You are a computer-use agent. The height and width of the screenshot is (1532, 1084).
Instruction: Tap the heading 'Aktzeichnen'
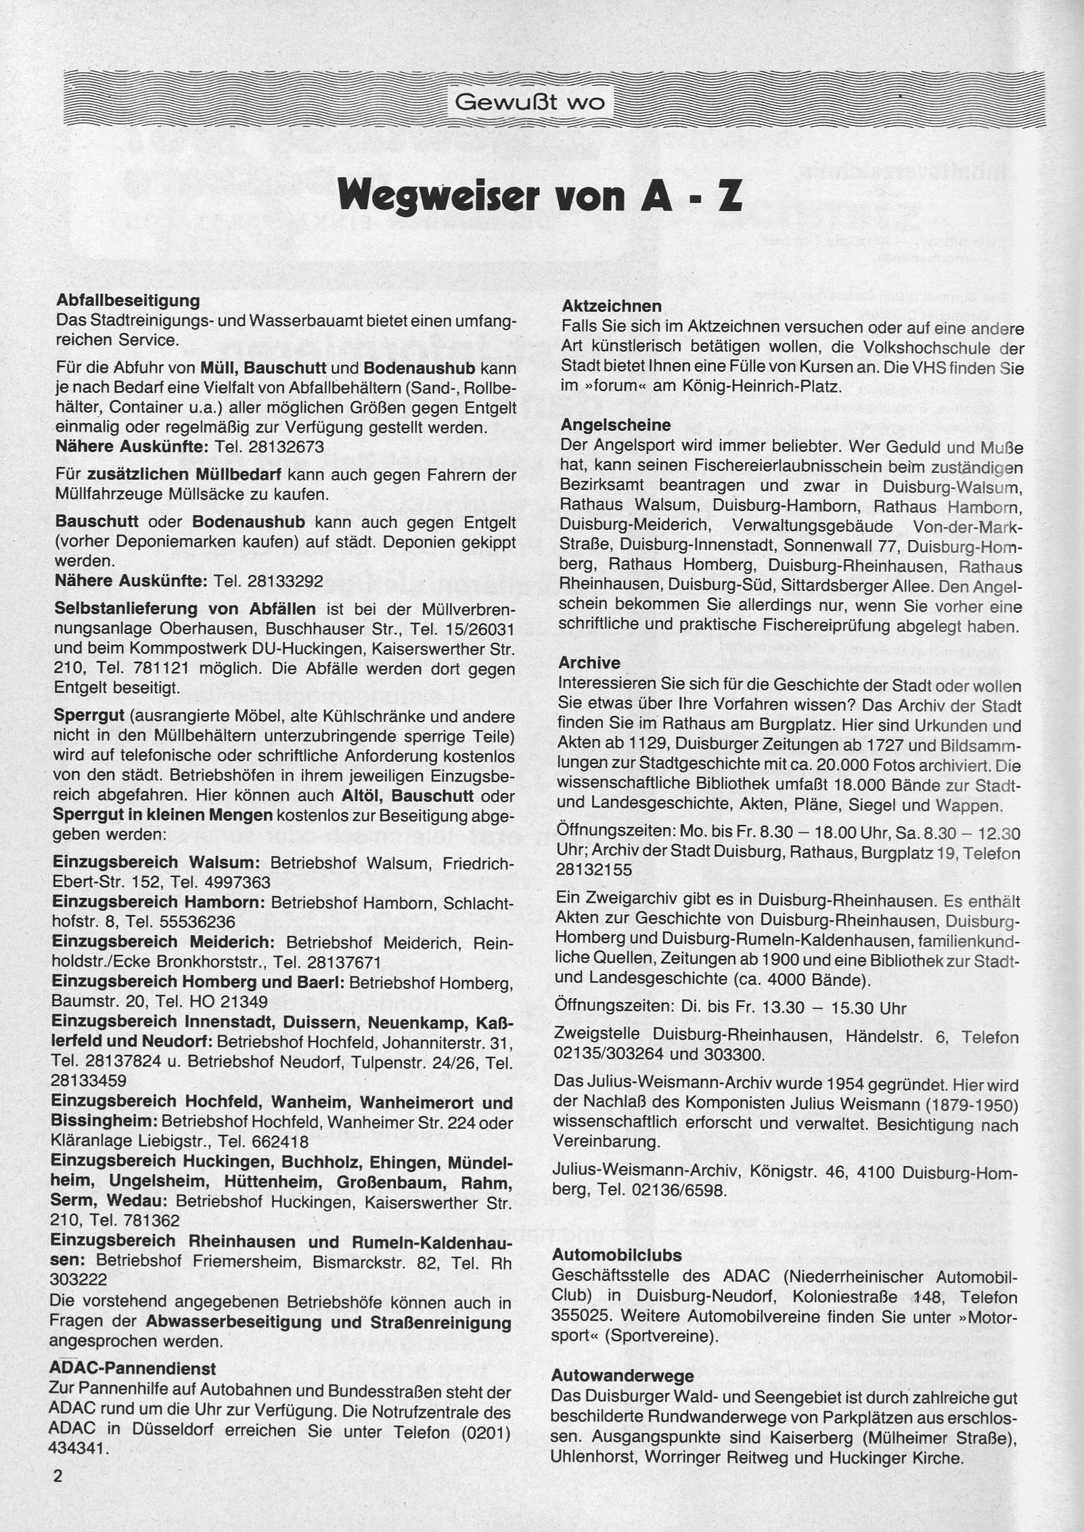[611, 307]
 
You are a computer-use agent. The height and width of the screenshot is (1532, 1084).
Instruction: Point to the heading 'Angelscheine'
[616, 425]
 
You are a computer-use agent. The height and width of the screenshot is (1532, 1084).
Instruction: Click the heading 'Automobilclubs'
[617, 1255]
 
